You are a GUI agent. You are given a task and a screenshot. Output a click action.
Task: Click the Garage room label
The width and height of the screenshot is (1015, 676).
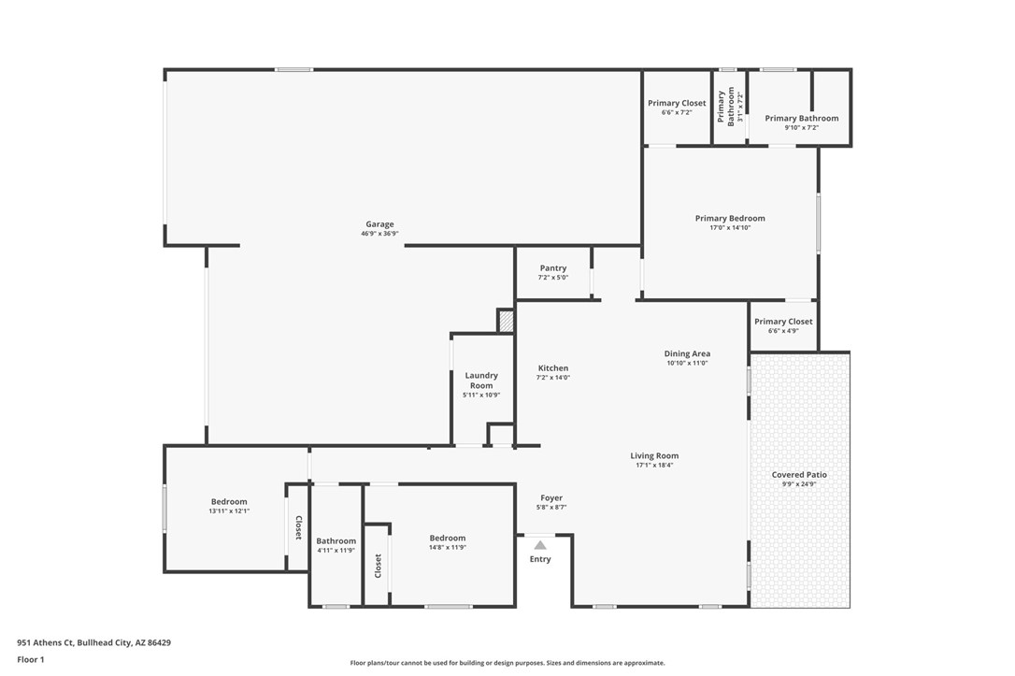coord(379,224)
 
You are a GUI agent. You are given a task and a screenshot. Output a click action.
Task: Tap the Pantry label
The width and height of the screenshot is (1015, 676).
coord(552,268)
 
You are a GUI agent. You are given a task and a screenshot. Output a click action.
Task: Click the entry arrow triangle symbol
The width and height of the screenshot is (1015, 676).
coord(540,544)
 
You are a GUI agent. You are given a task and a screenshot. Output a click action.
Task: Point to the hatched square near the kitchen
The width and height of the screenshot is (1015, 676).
coord(506,321)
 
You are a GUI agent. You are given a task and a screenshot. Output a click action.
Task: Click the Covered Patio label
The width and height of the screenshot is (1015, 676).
coord(799,475)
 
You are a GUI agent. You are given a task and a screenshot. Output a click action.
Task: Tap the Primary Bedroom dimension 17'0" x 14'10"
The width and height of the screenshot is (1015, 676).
coord(730,228)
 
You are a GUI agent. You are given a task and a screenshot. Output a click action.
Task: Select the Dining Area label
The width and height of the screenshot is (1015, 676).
coord(687,353)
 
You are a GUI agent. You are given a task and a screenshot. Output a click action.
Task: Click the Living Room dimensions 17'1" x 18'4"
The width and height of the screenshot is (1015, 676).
coord(654,466)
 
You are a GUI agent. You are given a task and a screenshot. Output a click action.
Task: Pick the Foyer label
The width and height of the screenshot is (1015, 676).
coord(551,498)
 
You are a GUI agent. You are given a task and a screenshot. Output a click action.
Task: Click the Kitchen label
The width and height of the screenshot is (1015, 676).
coord(553,368)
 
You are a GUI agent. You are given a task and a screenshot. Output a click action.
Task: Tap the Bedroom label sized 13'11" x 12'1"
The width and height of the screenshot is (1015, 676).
coord(229,502)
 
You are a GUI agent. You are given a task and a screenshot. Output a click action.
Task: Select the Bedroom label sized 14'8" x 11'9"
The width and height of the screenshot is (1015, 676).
coord(448,538)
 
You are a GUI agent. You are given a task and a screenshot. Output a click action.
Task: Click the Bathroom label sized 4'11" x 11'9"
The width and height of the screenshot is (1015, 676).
coord(336,540)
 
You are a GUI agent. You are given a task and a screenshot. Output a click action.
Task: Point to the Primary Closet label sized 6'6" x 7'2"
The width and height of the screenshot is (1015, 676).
coord(677,104)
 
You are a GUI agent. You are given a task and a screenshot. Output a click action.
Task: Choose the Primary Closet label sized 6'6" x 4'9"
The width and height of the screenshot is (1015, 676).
coord(783,322)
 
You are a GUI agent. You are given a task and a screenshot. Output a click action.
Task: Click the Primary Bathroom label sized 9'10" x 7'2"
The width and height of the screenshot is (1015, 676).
coord(802,119)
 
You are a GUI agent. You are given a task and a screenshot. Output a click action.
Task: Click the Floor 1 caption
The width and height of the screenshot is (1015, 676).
coord(30,659)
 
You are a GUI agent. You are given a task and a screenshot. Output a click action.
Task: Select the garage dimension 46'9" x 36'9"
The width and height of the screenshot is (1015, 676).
coord(379,234)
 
